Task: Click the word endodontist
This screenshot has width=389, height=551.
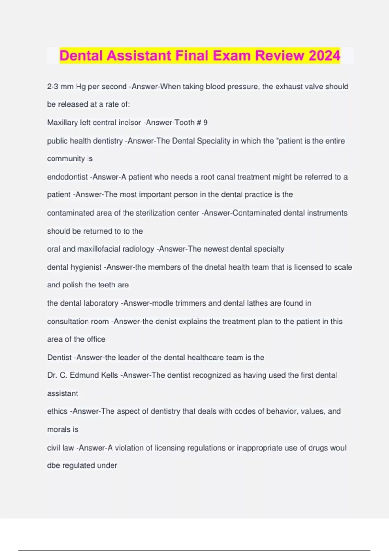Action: (67, 177)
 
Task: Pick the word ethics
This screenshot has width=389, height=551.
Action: (57, 411)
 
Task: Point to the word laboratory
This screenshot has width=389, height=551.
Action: (101, 303)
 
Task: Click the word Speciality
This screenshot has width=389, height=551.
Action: (214, 141)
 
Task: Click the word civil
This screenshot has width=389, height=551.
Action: (53, 448)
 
